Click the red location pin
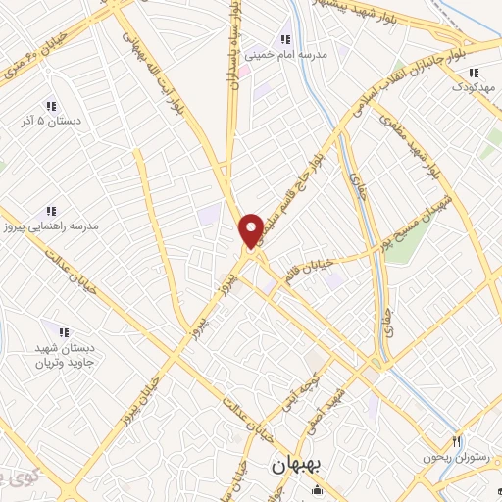[x=252, y=230]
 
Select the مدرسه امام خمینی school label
[x=291, y=55]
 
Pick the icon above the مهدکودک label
[x=475, y=72]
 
